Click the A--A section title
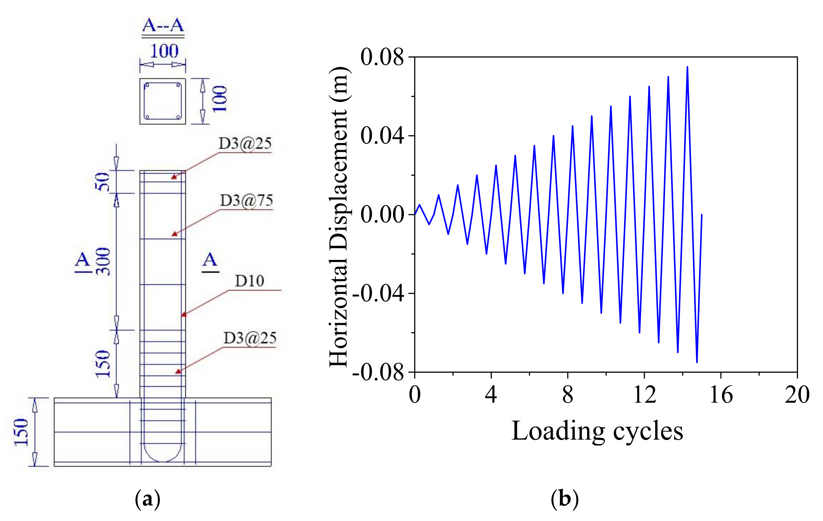tap(163, 26)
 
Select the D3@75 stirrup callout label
tap(246, 200)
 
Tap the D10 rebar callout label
tap(250, 281)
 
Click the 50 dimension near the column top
tap(102, 182)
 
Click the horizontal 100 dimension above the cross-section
tap(164, 51)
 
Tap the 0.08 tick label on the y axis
tap(382, 57)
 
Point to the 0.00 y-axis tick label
tap(382, 215)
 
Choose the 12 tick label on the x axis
tap(644, 395)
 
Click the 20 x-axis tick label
tap(797, 395)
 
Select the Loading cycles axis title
tap(597, 431)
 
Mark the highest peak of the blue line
tap(687, 67)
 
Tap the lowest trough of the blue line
tap(697, 362)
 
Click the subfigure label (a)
tap(148, 499)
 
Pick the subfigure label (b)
tap(564, 499)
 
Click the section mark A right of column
tap(210, 260)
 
